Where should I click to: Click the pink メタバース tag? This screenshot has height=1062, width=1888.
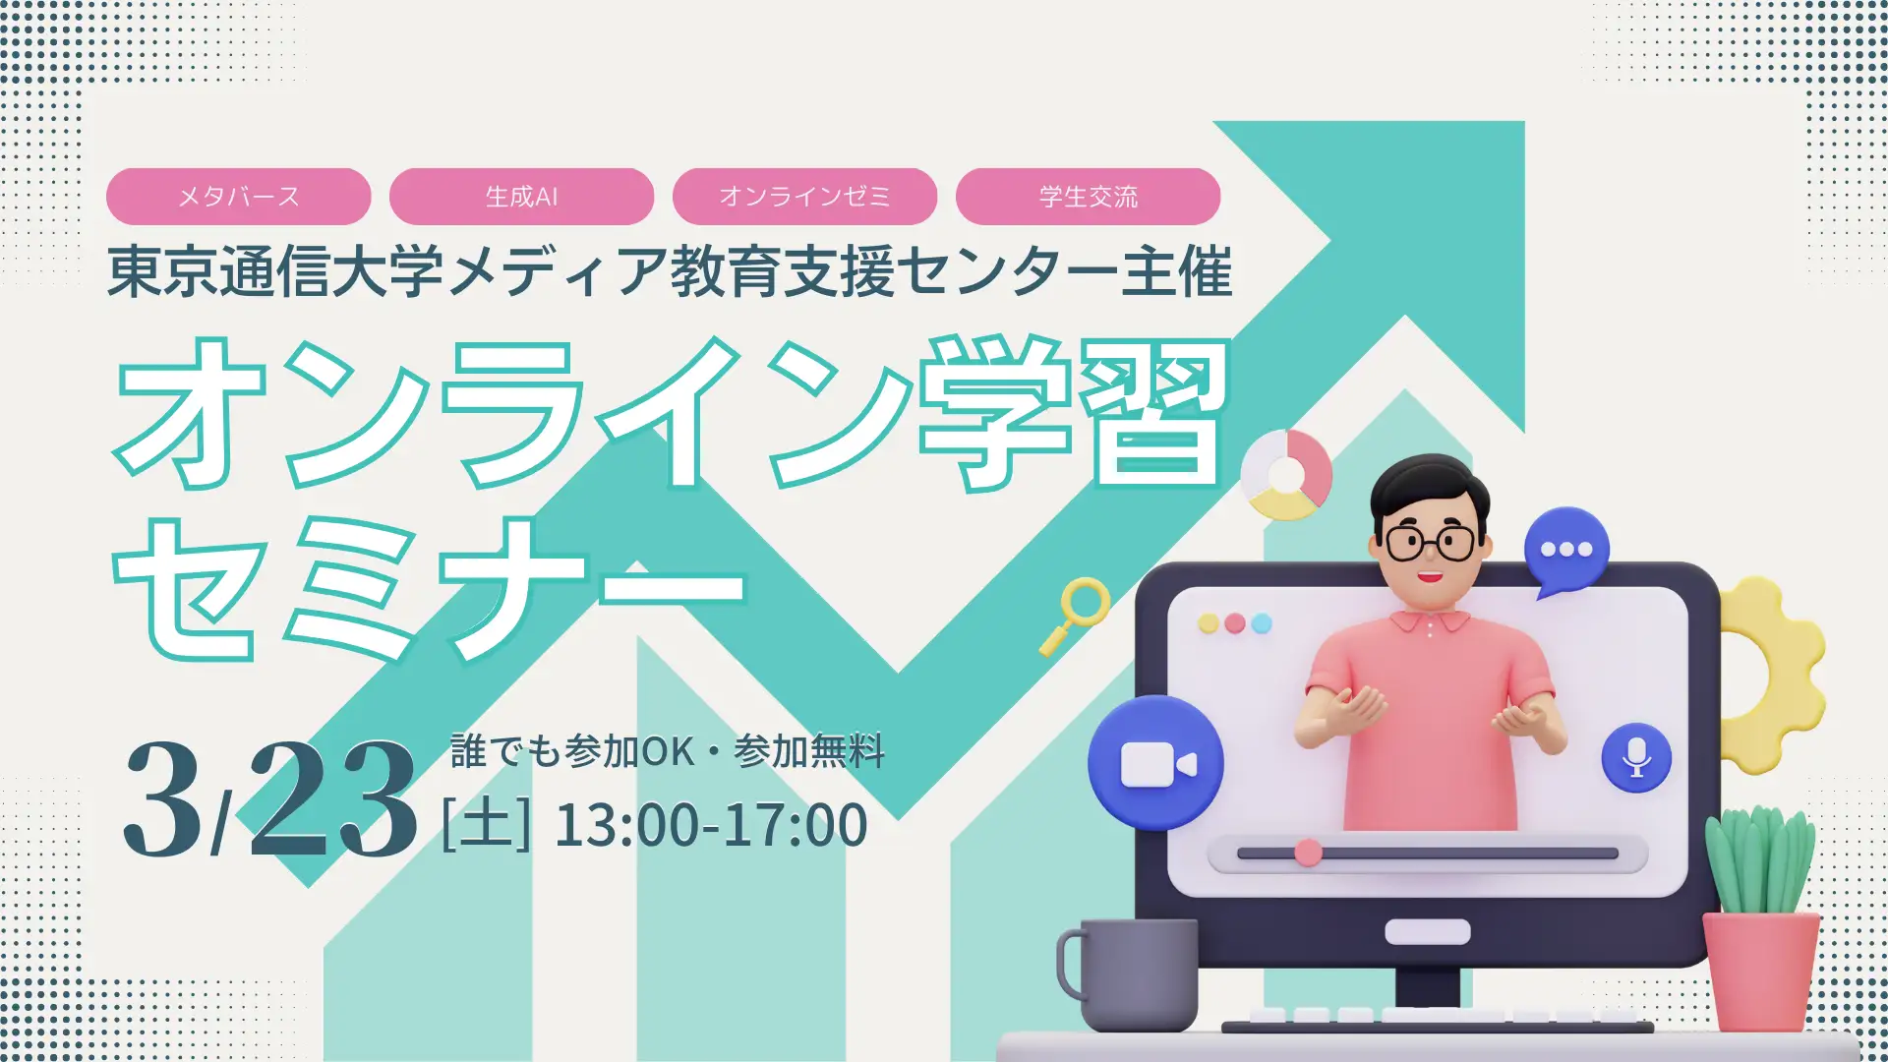(x=238, y=197)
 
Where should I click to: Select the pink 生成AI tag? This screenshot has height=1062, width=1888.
(x=521, y=197)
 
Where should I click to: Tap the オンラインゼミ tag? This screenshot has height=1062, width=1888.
(x=804, y=197)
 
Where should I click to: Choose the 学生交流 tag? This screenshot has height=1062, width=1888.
(x=1088, y=197)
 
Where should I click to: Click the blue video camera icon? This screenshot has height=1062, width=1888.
(x=1155, y=763)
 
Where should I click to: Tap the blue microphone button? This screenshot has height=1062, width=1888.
(x=1636, y=757)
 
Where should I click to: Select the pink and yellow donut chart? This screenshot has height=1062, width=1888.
(x=1285, y=475)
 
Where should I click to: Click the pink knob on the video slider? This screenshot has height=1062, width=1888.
(x=1308, y=853)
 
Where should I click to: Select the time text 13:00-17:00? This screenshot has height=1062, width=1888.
(x=711, y=824)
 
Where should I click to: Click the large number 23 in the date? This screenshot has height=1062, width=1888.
(x=333, y=798)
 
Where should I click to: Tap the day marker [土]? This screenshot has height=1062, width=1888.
(x=486, y=824)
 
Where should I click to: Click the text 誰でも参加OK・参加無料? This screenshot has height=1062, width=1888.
(x=668, y=751)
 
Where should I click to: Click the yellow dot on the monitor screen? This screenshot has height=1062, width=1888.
(x=1209, y=623)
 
